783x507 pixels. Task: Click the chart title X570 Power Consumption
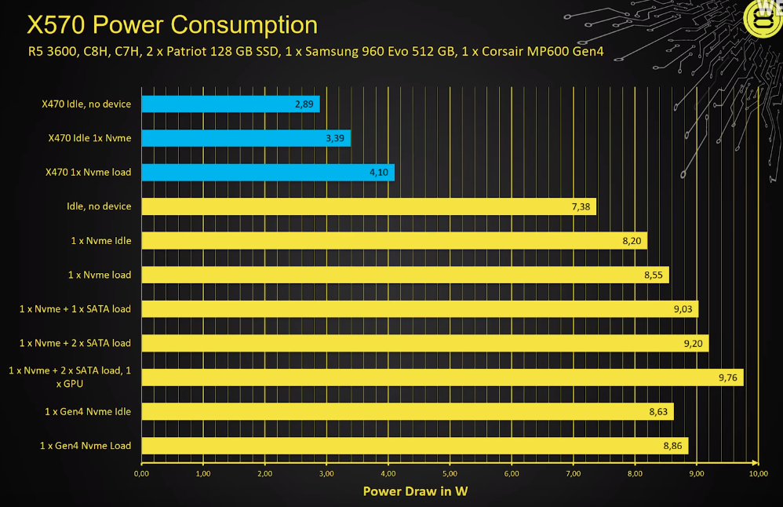(172, 24)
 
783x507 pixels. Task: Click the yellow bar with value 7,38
(369, 206)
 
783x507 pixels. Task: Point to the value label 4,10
(380, 172)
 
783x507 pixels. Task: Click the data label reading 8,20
(632, 241)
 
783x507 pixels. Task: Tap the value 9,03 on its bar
(683, 309)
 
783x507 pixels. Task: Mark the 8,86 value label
(673, 446)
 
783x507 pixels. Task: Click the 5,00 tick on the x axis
(450, 474)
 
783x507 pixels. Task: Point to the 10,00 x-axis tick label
(758, 474)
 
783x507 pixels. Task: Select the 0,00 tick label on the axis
(142, 474)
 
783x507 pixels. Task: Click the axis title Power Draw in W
(415, 491)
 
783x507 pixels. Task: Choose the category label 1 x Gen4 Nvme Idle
(88, 411)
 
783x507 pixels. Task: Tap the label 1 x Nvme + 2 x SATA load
(75, 343)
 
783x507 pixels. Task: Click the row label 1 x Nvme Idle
(100, 240)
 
